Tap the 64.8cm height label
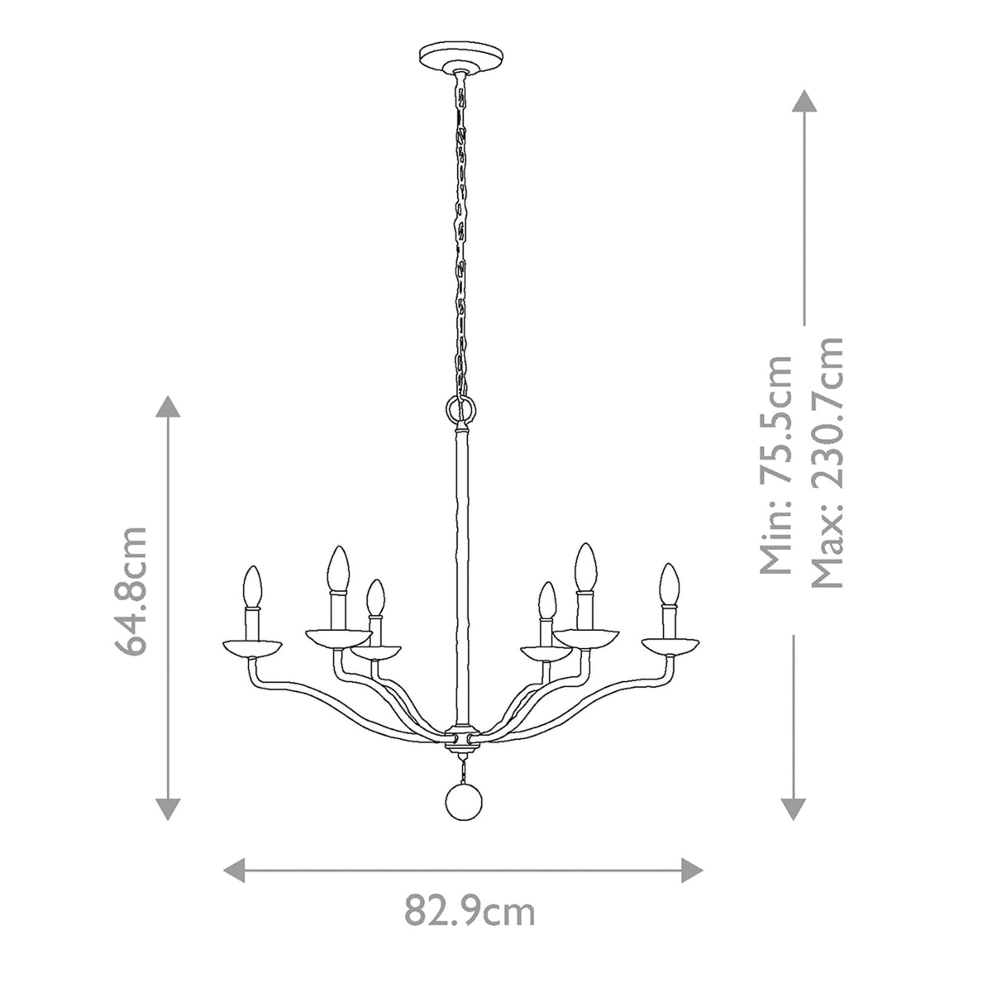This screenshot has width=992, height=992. pos(131,590)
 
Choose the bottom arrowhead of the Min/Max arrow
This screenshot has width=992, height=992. pos(794,808)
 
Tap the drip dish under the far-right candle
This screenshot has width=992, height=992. pos(670,645)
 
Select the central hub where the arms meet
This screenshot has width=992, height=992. pos(462,734)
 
